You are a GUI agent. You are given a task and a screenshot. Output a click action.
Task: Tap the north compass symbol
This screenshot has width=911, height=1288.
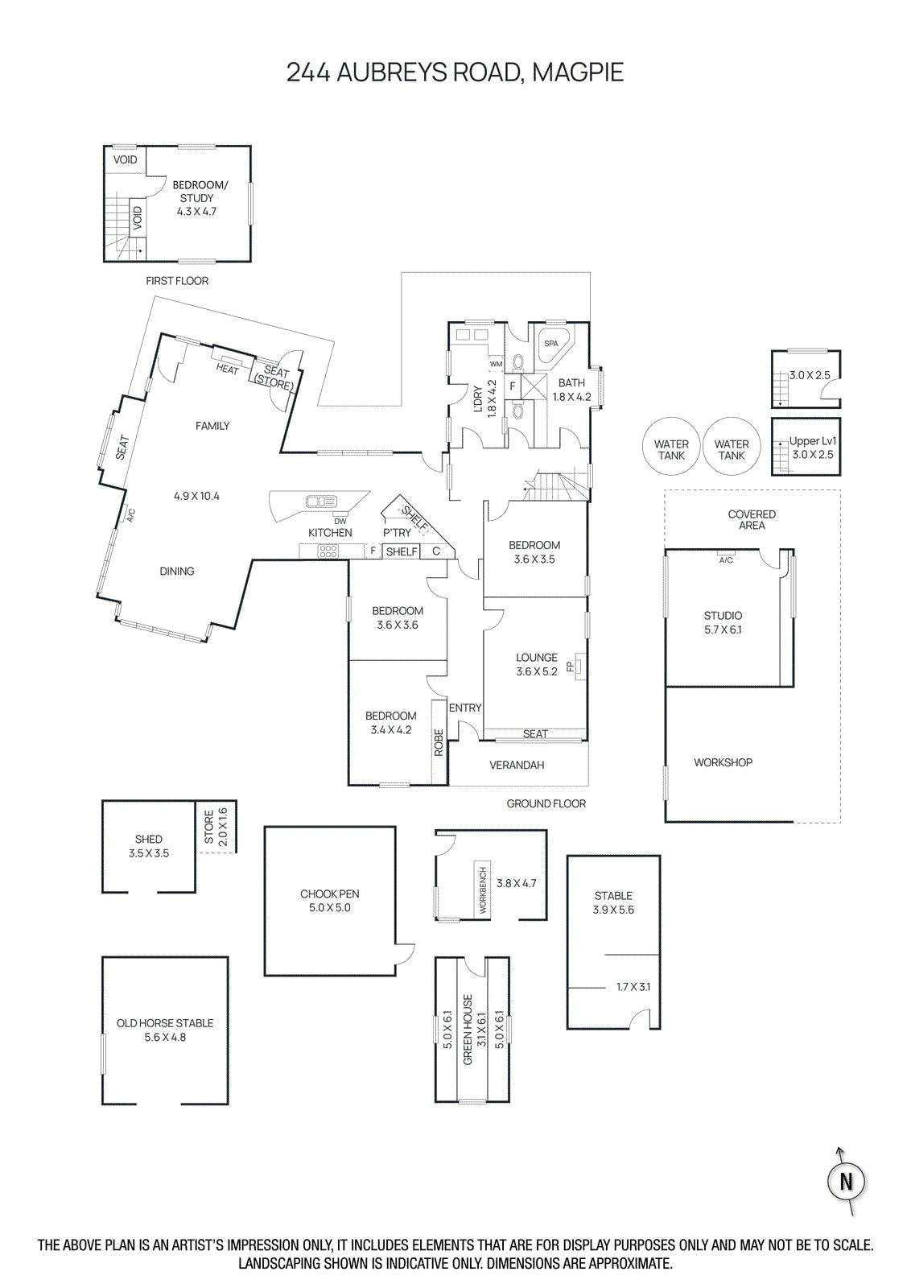[x=846, y=1181]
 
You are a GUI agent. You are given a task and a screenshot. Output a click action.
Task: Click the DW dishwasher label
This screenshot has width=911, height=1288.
[x=340, y=520]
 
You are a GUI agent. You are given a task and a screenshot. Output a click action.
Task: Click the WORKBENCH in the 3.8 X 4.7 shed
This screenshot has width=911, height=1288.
[x=483, y=890]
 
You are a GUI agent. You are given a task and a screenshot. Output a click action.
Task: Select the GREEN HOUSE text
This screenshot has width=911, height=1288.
[x=468, y=1030]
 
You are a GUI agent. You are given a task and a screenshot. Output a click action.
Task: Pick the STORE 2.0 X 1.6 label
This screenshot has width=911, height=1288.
[x=215, y=826]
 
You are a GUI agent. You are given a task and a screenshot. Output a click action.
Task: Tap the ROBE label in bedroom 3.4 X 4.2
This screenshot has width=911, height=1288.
[x=439, y=742]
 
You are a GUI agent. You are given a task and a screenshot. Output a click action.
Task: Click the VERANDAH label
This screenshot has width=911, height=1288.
[x=517, y=765]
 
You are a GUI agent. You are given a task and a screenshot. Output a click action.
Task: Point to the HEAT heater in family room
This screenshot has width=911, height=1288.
[x=228, y=366]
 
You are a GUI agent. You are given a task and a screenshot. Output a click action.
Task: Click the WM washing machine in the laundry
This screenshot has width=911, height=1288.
[x=496, y=364]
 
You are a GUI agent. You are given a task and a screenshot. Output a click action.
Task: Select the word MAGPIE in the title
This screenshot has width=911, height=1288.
[x=578, y=72]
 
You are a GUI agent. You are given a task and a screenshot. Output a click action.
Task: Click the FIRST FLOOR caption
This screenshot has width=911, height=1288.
[x=177, y=281]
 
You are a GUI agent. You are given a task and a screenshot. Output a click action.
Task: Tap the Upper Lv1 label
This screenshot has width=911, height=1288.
[x=813, y=441]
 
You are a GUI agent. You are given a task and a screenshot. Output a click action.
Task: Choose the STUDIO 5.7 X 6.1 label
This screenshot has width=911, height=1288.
[x=723, y=621]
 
